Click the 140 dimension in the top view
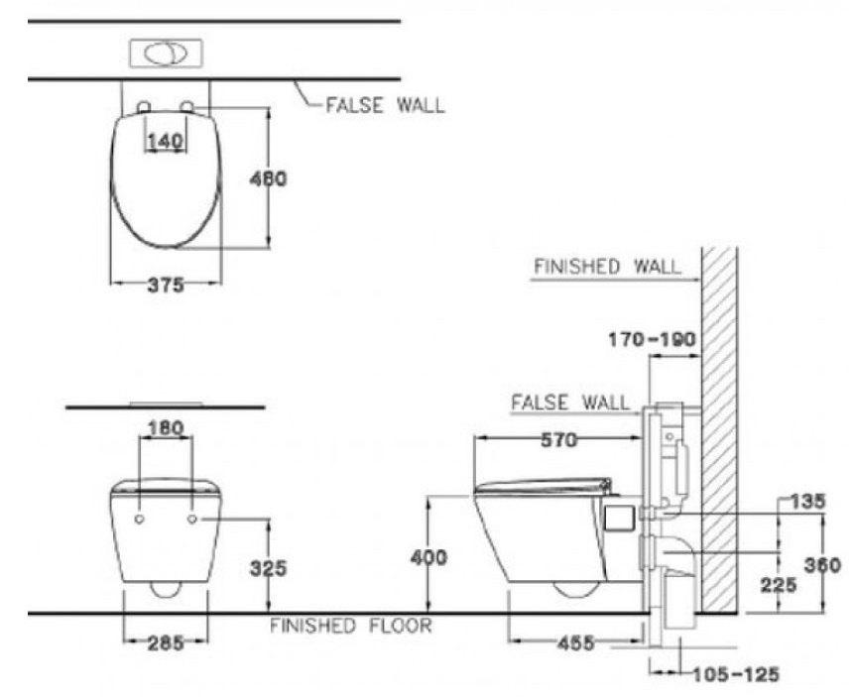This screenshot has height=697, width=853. tap(166, 142)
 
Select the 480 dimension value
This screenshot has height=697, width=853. tap(269, 179)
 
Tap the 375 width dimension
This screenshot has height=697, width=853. tap(166, 286)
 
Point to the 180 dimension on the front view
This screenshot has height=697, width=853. tap(165, 428)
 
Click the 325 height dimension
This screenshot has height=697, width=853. tap(268, 568)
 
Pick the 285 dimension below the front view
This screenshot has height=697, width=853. tap(166, 643)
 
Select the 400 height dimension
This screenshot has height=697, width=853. tap(428, 557)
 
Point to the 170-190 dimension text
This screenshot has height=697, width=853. tap(651, 340)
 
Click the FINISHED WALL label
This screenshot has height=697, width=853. tap(607, 267)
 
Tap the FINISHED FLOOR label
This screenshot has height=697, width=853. tap(350, 626)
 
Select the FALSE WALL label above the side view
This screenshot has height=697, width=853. tap(569, 403)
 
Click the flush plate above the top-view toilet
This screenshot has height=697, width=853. tap(166, 53)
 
